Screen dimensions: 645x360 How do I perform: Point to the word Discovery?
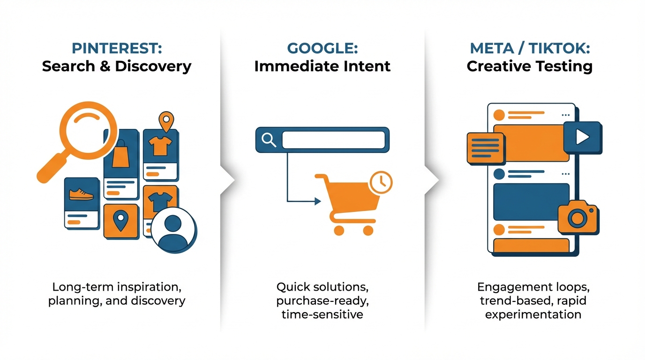153,67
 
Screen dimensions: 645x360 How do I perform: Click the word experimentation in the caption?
533,315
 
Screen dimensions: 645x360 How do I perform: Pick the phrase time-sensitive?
322,314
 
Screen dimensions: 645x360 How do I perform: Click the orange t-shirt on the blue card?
160,146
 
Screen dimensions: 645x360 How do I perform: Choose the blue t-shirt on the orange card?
160,202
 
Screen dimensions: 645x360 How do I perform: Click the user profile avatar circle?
173,231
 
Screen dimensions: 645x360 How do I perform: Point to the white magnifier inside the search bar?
269,140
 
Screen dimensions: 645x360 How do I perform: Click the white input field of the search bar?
333,140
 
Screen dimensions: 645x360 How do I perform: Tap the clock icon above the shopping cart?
381,182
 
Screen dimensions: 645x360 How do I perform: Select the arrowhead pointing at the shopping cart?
318,201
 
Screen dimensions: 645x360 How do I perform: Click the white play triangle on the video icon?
582,136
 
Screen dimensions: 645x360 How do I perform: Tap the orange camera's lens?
577,218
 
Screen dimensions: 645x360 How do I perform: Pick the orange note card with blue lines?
486,148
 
